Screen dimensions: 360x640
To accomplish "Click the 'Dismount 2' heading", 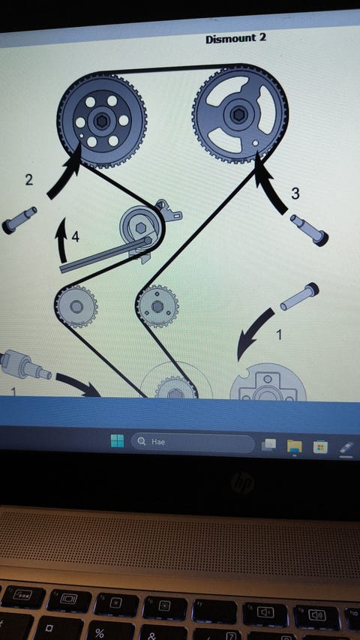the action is pos(236,39).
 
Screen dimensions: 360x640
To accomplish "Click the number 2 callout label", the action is pos(29,179).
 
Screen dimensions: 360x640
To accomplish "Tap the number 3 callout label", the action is pos(295,194).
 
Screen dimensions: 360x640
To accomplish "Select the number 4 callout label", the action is pos(76,236).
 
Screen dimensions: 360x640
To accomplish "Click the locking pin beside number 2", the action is pos(19,221).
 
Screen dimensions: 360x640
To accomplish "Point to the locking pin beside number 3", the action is pos(309,230).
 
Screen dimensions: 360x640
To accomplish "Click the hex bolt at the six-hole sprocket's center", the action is pos(100,121).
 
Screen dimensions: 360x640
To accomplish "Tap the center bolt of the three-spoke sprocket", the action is pos(238,115).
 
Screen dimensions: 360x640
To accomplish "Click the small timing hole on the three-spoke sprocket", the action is pos(255,143).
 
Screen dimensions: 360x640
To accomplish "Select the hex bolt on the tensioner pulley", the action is pos(140,229).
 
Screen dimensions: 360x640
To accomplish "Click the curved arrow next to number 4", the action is pos(62,240).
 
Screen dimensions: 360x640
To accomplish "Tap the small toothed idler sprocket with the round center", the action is pos(76,307).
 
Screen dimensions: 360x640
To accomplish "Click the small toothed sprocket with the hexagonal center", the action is pos(157,306).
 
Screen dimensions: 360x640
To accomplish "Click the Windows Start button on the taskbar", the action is pos(117,441).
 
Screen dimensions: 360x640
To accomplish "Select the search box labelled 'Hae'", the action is pos(193,442).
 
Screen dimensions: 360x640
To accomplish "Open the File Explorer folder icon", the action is pos(294,446).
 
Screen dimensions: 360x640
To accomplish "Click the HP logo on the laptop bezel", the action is pos(242,483).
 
